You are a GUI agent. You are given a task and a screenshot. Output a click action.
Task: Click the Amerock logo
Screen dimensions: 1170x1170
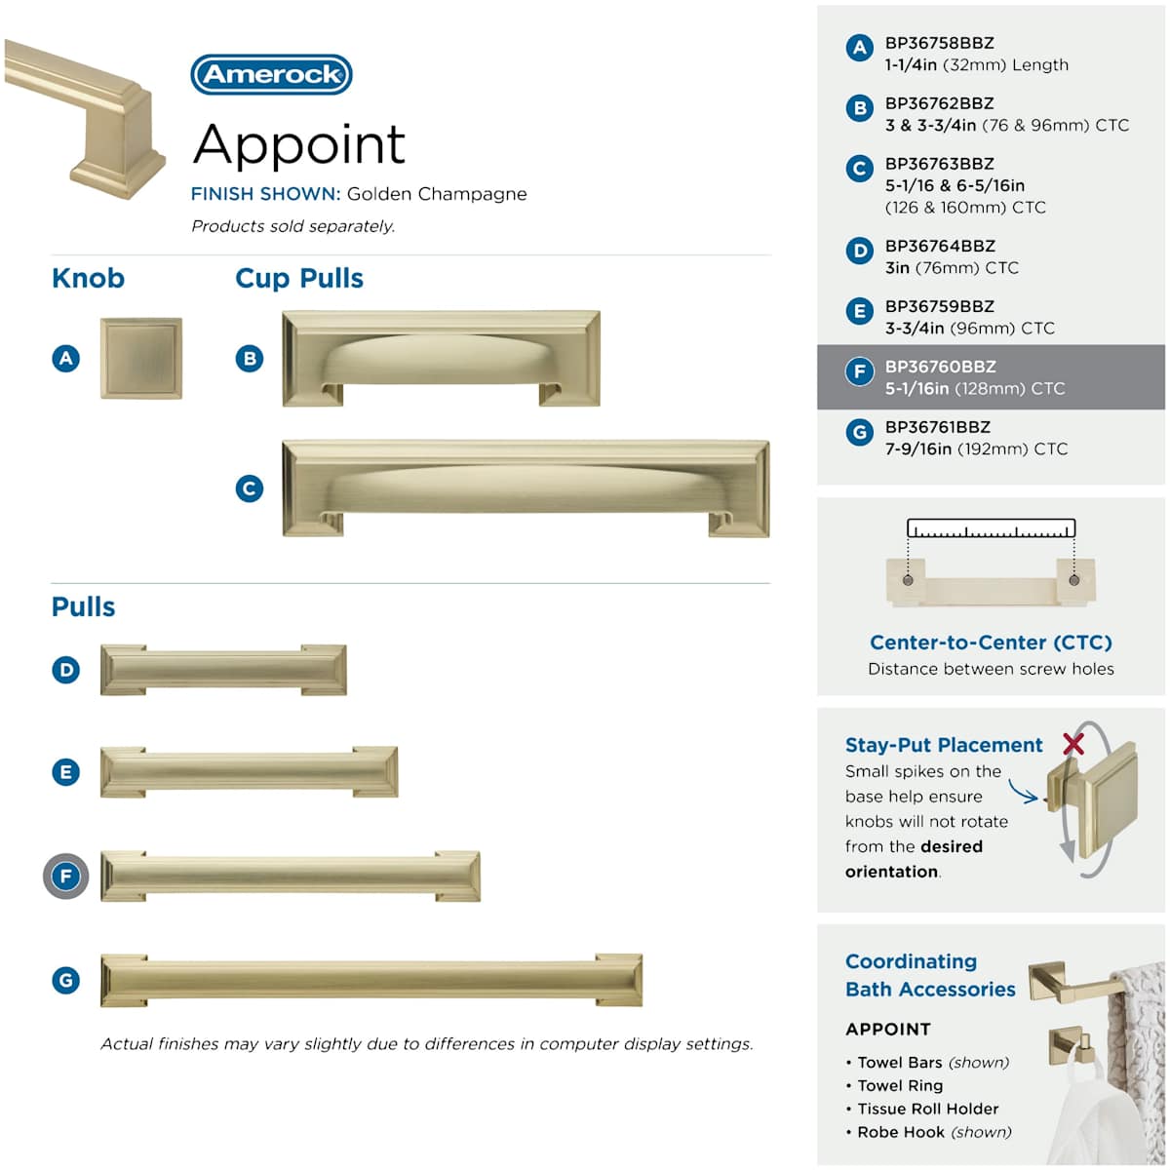pyautogui.click(x=271, y=74)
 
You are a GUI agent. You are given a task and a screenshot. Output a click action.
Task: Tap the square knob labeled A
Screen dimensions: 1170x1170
pyautogui.click(x=140, y=358)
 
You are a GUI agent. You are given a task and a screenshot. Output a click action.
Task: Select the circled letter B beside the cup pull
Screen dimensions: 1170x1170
pyautogui.click(x=249, y=358)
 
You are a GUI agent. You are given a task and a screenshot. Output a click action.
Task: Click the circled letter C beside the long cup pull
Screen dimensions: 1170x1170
pyautogui.click(x=249, y=488)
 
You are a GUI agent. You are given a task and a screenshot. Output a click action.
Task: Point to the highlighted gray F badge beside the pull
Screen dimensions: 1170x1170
pyautogui.click(x=65, y=877)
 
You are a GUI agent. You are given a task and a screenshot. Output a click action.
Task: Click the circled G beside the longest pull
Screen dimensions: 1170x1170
pyautogui.click(x=65, y=980)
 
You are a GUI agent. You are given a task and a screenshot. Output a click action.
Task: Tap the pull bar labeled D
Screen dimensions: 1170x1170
pyautogui.click(x=223, y=670)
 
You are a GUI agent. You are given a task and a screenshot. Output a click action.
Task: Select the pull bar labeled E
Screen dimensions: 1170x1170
pyautogui.click(x=249, y=771)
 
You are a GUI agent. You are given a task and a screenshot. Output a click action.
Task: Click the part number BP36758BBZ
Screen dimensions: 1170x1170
pyautogui.click(x=939, y=43)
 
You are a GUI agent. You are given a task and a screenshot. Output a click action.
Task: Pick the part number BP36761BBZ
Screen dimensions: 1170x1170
pyautogui.click(x=937, y=427)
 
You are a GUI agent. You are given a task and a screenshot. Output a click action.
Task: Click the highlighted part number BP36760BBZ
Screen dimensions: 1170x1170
pyautogui.click(x=941, y=367)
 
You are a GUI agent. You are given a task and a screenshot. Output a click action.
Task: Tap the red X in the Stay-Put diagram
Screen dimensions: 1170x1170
pyautogui.click(x=1073, y=743)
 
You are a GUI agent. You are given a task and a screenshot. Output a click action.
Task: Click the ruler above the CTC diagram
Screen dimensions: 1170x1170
pyautogui.click(x=991, y=527)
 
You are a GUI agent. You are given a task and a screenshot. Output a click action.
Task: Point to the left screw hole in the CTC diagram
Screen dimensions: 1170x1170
pyautogui.click(x=908, y=580)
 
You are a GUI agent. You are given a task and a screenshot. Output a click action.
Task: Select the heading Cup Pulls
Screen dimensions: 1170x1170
pyautogui.click(x=299, y=279)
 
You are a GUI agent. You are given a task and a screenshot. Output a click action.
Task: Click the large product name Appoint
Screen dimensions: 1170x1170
pyautogui.click(x=299, y=144)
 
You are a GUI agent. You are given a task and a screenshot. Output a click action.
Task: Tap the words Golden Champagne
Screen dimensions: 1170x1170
pyautogui.click(x=437, y=194)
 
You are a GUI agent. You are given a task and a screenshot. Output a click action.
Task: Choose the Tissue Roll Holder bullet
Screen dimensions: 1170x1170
pyautogui.click(x=922, y=1109)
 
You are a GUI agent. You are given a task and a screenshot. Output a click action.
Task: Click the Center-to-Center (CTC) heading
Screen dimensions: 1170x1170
pyautogui.click(x=991, y=643)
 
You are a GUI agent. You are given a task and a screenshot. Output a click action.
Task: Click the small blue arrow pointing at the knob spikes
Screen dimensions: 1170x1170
pyautogui.click(x=1024, y=792)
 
